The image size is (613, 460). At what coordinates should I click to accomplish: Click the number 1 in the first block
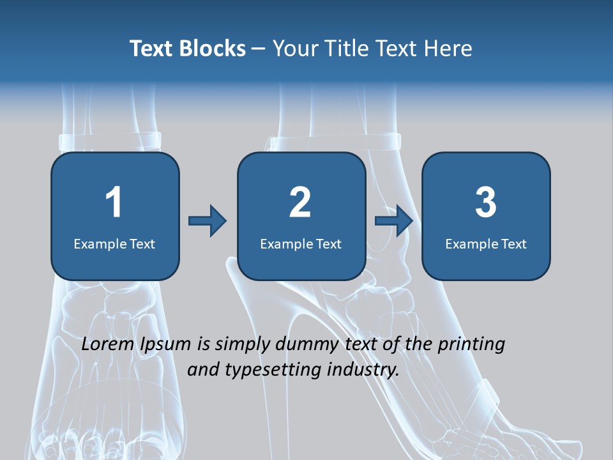114,203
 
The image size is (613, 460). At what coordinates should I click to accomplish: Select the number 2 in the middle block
300,203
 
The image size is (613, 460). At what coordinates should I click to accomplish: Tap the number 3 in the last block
486,203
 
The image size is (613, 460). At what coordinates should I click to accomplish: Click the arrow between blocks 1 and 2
208,221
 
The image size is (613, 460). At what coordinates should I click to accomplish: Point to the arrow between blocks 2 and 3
394,221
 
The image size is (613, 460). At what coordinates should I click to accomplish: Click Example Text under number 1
114,243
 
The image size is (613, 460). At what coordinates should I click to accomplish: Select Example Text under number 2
301,243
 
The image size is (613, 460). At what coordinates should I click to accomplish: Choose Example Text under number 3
486,243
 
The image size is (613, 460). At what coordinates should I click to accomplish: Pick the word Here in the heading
450,49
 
